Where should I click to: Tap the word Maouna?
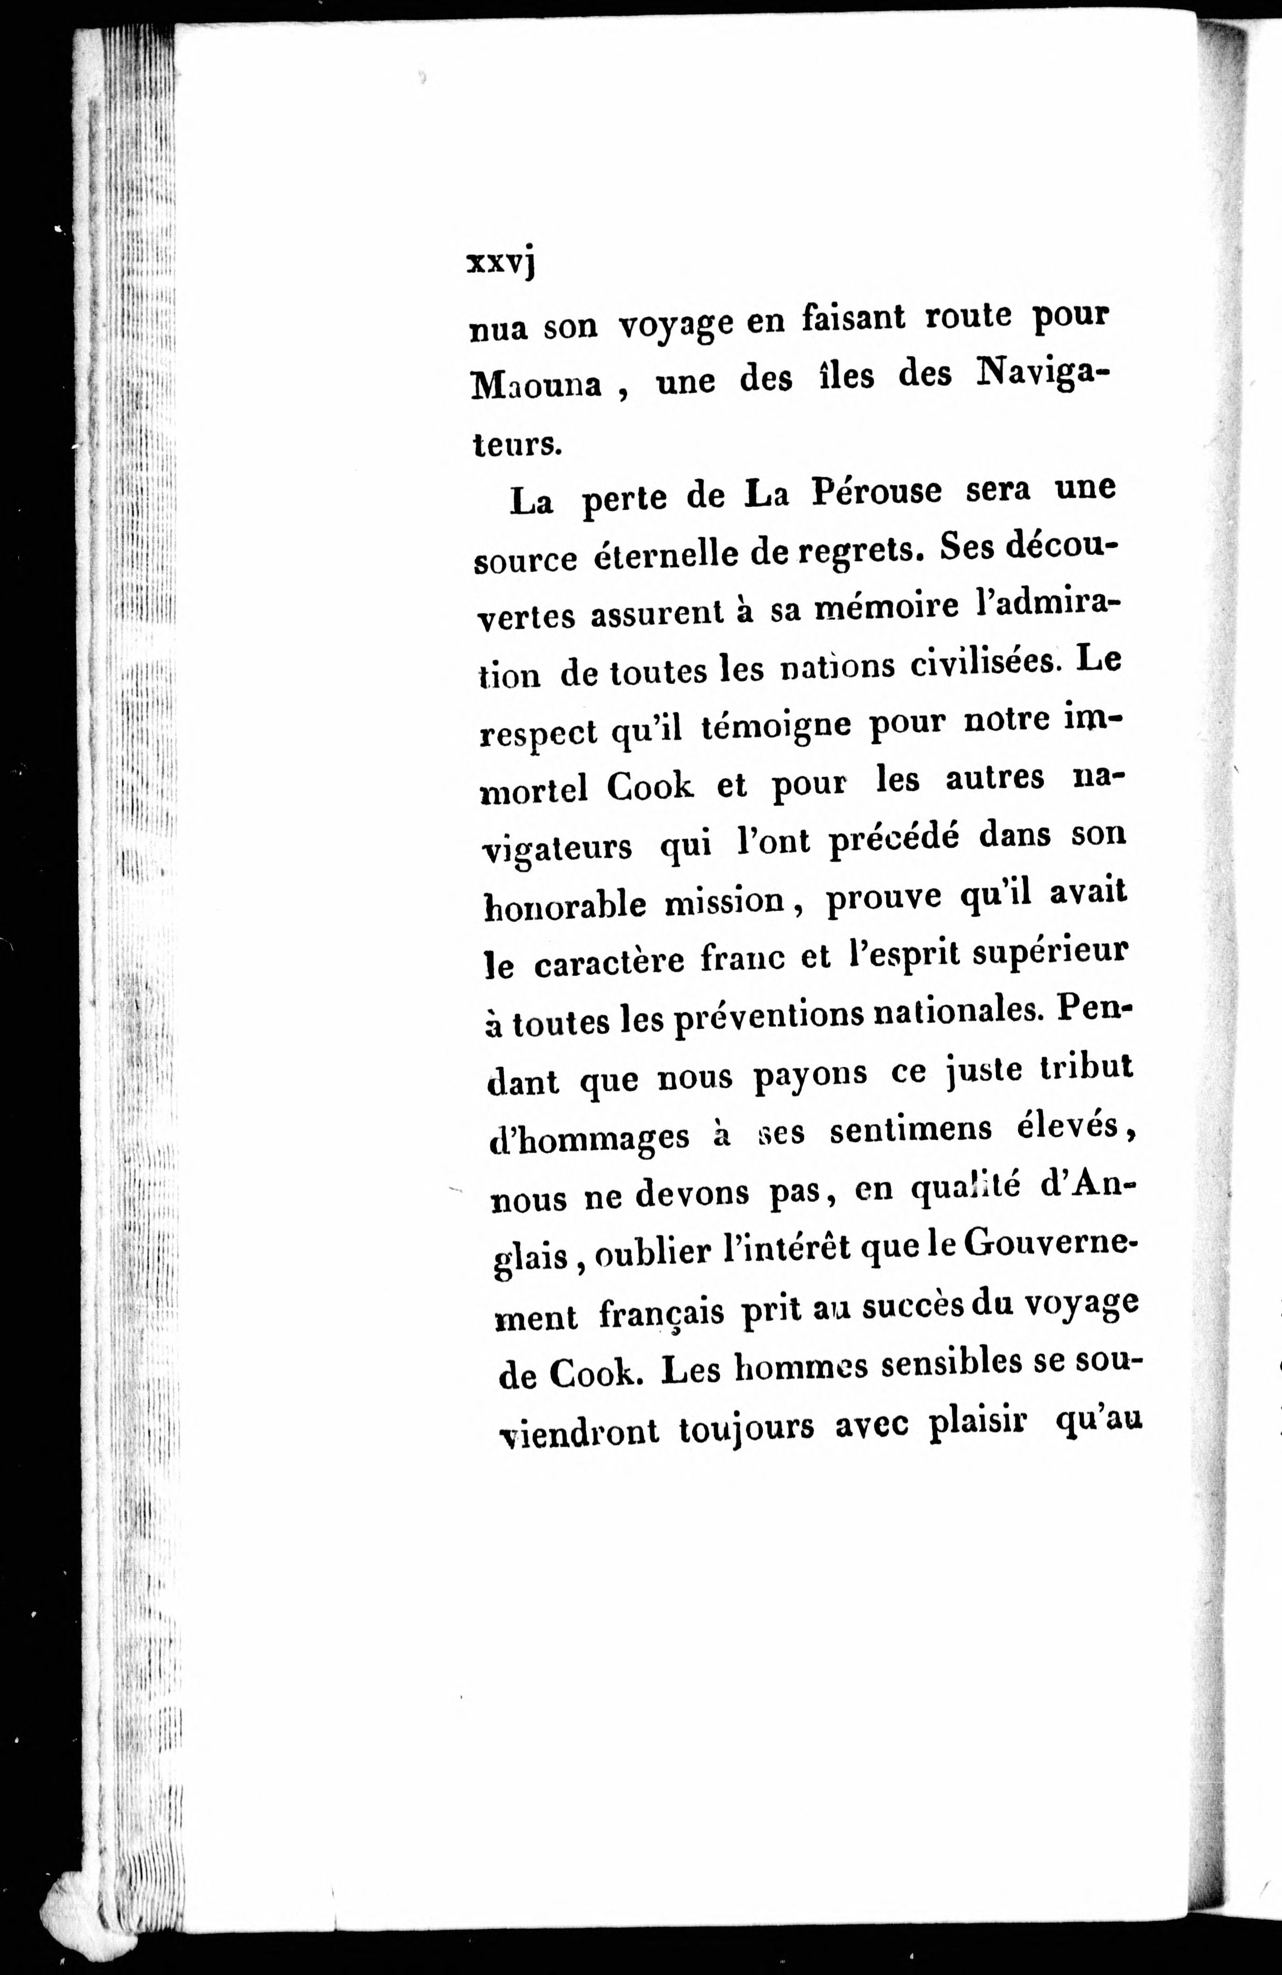[x=535, y=386]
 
